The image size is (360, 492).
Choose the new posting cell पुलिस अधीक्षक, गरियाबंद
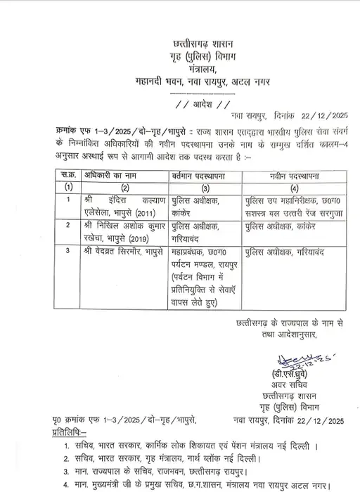click(281, 251)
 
